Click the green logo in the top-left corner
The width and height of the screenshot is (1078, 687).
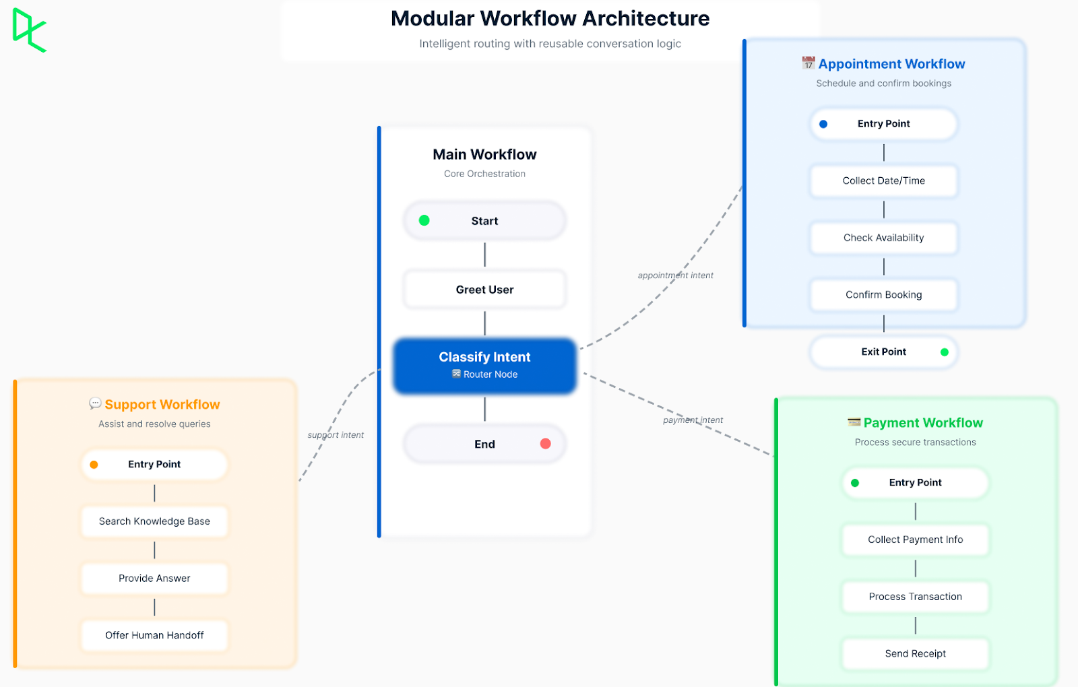pos(29,30)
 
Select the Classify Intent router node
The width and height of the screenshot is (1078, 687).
pos(484,365)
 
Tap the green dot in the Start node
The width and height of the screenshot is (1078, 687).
pos(424,220)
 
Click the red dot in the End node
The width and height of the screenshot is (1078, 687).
pos(545,443)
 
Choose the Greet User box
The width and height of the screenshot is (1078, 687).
pos(484,290)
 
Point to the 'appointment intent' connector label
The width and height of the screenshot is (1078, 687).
pos(675,275)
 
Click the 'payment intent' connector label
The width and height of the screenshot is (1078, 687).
pos(693,420)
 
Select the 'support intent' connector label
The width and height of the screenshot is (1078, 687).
pos(336,435)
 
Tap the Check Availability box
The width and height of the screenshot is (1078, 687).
pos(883,238)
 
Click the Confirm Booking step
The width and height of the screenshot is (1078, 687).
pos(883,295)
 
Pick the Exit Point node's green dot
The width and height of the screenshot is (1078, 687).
pos(944,352)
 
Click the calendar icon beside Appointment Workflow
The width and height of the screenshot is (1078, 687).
pos(808,63)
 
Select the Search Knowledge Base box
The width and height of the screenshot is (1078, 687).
pos(154,521)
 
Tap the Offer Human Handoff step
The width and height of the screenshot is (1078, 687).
pos(154,635)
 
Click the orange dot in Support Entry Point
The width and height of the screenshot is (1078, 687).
pos(94,465)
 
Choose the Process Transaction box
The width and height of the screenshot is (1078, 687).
pos(915,597)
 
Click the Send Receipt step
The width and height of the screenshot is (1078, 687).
pos(915,653)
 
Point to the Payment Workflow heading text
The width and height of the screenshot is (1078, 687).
pos(922,423)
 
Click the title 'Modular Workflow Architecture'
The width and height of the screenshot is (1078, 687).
pos(550,19)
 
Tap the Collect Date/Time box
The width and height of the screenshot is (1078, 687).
pos(883,181)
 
